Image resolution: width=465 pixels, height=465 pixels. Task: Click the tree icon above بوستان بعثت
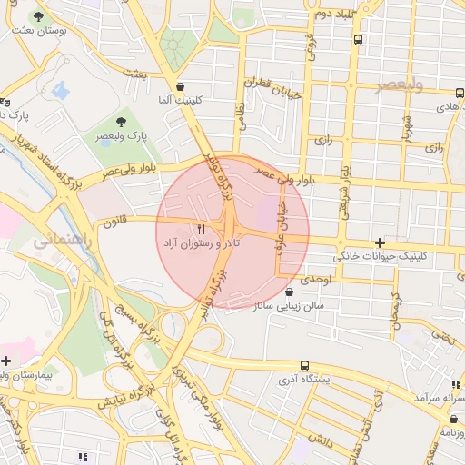point(38,16)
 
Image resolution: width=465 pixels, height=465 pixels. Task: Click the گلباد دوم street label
point(331,15)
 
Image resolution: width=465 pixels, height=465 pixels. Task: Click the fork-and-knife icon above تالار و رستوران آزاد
point(201,229)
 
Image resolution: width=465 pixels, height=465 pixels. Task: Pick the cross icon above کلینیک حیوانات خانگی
point(380,242)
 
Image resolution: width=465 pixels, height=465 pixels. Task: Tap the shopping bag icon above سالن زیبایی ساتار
point(289,292)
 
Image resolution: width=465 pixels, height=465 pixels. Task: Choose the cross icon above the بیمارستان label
point(7,361)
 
